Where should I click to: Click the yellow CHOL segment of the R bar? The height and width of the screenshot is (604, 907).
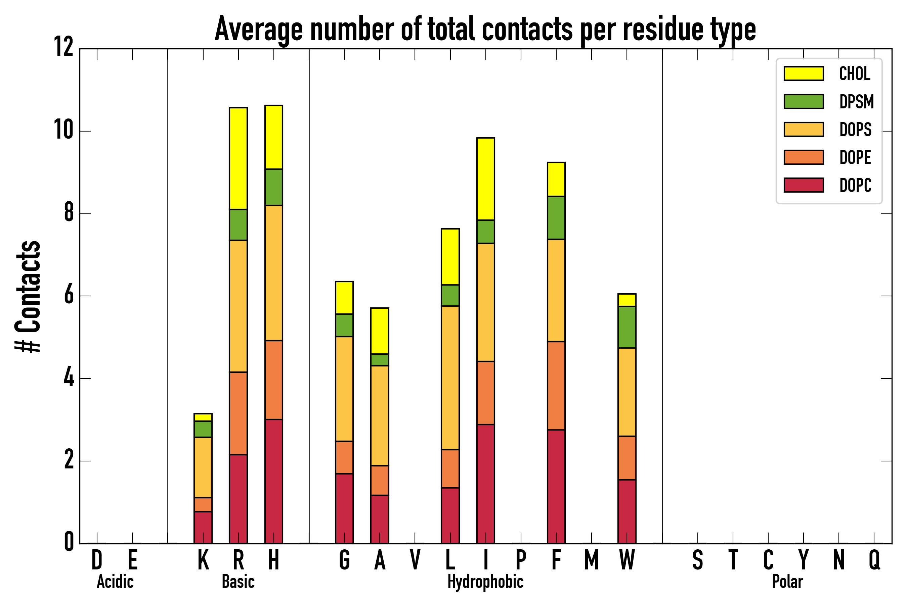(x=238, y=158)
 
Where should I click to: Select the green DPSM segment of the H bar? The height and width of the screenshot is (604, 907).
(x=274, y=187)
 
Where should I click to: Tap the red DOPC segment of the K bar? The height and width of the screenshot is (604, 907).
(x=203, y=527)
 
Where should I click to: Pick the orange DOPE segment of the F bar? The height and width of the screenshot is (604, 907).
(x=556, y=386)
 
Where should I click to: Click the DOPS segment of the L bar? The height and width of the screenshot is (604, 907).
(x=450, y=378)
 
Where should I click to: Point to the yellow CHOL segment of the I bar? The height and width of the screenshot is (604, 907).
(x=485, y=179)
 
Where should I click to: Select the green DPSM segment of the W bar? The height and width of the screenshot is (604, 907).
(x=627, y=327)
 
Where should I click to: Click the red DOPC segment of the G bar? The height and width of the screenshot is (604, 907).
(x=344, y=508)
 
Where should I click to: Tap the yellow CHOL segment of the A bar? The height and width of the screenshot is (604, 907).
(x=380, y=331)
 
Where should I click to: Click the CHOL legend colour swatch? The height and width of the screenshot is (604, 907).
(x=804, y=73)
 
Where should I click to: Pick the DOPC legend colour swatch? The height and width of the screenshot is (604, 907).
(x=804, y=185)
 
